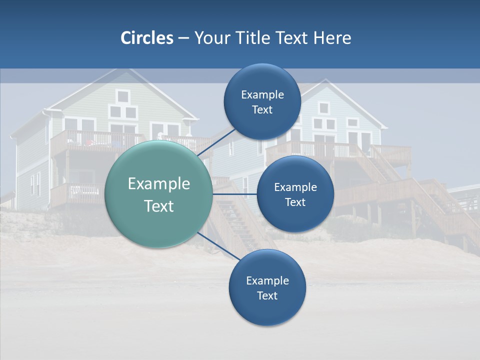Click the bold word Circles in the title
click(147, 38)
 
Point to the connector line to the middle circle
click(234, 193)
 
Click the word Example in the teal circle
click(159, 184)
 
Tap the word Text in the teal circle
click(159, 206)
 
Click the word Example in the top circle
click(262, 94)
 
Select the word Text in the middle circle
click(295, 202)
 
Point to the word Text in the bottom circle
click(267, 295)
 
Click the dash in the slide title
click(183, 38)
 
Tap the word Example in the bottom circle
click(267, 280)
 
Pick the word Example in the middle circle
click(295, 187)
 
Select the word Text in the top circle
click(262, 109)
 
